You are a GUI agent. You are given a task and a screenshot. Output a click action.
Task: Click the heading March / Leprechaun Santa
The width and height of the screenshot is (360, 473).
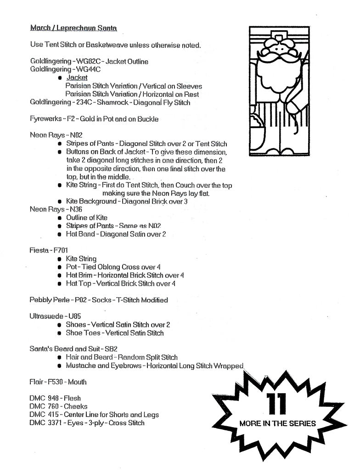pos(73,28)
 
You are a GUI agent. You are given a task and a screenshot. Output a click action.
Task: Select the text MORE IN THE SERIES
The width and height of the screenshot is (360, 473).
pos(278,423)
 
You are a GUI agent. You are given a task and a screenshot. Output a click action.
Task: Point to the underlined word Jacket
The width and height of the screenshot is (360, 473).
pos(77,78)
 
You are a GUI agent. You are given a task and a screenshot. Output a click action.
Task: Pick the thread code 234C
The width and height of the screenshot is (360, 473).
pos(84,102)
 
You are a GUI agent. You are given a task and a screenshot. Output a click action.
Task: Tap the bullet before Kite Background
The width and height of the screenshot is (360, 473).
pos(60,202)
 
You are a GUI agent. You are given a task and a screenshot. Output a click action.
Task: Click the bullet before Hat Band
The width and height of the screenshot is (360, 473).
pos(60,235)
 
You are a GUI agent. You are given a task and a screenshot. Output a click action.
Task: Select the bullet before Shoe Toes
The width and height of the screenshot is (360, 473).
pos(60,333)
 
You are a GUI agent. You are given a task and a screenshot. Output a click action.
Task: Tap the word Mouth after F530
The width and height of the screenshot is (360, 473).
pos(77,382)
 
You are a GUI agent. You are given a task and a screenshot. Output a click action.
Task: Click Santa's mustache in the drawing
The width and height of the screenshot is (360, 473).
pos(275,57)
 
